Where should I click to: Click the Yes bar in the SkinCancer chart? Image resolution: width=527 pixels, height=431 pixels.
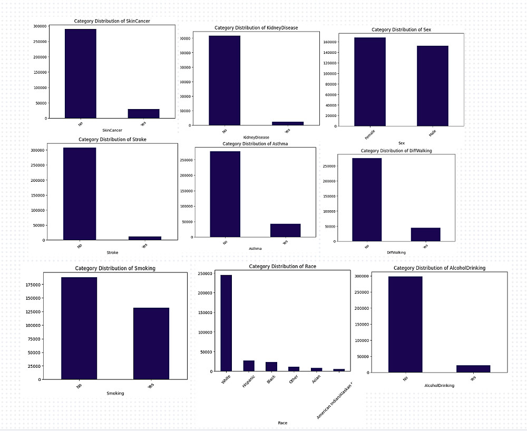143,114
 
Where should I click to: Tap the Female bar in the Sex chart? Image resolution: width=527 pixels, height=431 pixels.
369,82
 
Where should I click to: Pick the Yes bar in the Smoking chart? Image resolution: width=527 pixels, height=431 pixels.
151,343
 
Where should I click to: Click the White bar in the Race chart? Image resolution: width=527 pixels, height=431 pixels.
226,323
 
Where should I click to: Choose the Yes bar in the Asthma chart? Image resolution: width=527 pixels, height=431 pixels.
285,230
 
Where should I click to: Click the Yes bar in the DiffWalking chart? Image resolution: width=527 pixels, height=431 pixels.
426,234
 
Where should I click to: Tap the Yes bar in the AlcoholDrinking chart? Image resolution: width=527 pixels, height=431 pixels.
473,369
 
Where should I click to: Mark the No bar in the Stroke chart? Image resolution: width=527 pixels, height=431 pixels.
80,194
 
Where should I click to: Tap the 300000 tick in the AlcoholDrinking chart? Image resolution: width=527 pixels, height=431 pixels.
377,276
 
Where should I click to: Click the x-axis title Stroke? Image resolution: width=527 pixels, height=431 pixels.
112,253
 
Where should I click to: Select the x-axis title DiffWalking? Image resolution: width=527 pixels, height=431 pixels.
396,253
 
